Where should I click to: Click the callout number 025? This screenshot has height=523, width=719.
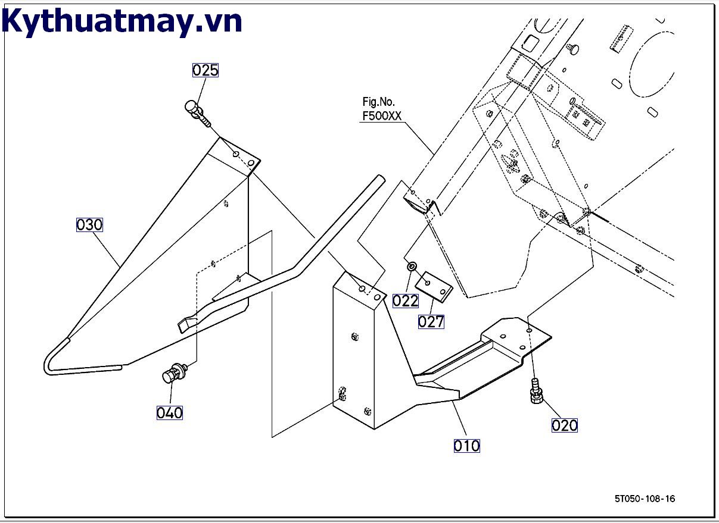coord(206,70)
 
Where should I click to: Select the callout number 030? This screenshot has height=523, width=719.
coord(90,225)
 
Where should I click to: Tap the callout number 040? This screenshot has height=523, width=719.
coord(169,412)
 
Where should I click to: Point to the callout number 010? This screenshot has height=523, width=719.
coord(466,446)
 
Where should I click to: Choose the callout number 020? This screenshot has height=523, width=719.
coord(564,425)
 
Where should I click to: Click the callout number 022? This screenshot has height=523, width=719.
coord(405,301)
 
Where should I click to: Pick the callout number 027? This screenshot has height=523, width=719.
coord(431,322)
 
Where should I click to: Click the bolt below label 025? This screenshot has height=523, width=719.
coord(197,112)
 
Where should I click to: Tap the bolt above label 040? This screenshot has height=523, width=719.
coord(173,374)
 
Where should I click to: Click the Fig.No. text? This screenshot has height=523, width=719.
coord(378,102)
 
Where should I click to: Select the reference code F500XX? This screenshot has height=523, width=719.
coord(382,116)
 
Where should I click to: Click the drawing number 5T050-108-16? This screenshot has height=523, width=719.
coord(645,499)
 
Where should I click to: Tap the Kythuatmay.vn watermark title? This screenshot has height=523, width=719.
coord(122,22)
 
